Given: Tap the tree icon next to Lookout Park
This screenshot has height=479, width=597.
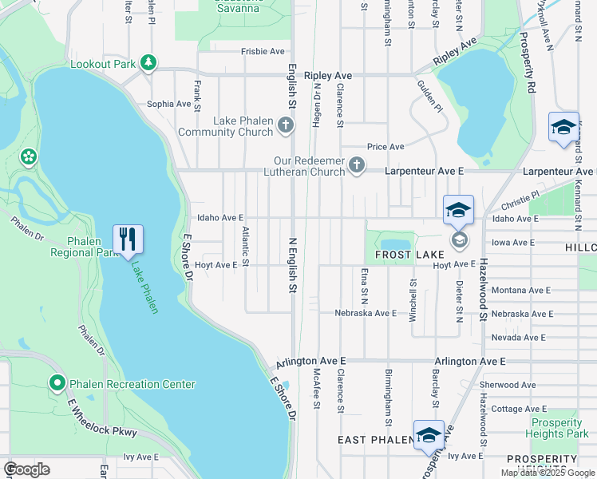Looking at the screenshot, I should tap(148, 62).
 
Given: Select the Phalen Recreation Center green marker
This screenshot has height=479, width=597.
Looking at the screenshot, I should tap(57, 384).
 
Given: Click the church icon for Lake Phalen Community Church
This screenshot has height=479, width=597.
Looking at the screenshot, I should tap(287, 125).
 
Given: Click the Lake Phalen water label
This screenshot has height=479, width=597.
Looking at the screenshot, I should tap(144, 289).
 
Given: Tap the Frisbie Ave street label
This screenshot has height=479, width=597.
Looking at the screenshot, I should tap(263, 51).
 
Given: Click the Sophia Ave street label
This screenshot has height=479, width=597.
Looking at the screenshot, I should tap(168, 104).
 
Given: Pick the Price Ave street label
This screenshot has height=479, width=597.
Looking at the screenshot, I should tap(385, 147).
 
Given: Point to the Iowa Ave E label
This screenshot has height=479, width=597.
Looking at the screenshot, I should tap(512, 242).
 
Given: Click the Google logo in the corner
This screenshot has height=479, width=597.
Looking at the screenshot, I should tap(27, 469).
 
